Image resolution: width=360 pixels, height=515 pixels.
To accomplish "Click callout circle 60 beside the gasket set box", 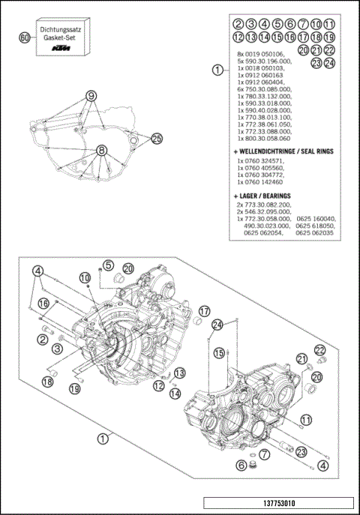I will click(25, 37).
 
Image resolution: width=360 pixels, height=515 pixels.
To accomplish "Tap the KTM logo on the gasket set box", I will click(63, 49).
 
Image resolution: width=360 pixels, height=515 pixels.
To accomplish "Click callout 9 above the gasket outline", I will click(91, 96).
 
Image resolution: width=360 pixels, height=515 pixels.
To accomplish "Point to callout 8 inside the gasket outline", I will click(100, 150).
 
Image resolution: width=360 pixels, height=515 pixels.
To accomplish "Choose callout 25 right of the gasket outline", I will click(156, 138).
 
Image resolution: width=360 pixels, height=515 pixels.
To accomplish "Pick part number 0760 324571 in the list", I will click(260, 160).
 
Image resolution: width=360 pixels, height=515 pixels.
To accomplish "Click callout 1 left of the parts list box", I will click(216, 70).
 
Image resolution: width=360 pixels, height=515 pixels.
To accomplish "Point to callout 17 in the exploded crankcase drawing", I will click(205, 310).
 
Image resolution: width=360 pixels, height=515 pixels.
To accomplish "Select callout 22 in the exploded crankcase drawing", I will click(320, 350).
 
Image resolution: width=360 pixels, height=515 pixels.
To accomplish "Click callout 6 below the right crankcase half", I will click(241, 465).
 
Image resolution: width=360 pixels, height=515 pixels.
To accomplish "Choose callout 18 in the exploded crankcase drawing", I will click(47, 382).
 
